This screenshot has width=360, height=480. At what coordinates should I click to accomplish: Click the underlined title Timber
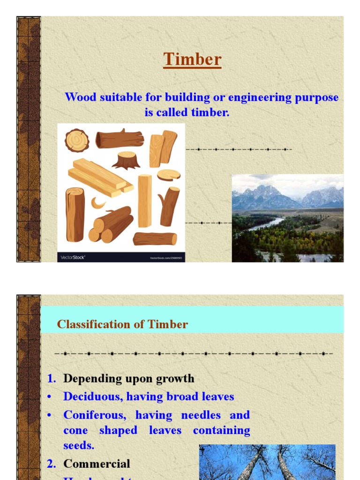192,60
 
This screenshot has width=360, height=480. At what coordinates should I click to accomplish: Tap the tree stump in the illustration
126,160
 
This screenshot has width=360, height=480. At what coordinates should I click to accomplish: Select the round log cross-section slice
76,140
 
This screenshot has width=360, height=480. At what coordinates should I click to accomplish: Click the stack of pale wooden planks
100,177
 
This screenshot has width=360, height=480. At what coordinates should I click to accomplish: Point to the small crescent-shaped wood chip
98,203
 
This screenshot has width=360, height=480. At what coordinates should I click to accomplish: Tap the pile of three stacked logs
111,225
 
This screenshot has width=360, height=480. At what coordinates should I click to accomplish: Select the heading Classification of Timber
122,324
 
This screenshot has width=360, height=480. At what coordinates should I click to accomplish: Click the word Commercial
97,464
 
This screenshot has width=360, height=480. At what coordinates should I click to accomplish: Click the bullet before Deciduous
49,397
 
